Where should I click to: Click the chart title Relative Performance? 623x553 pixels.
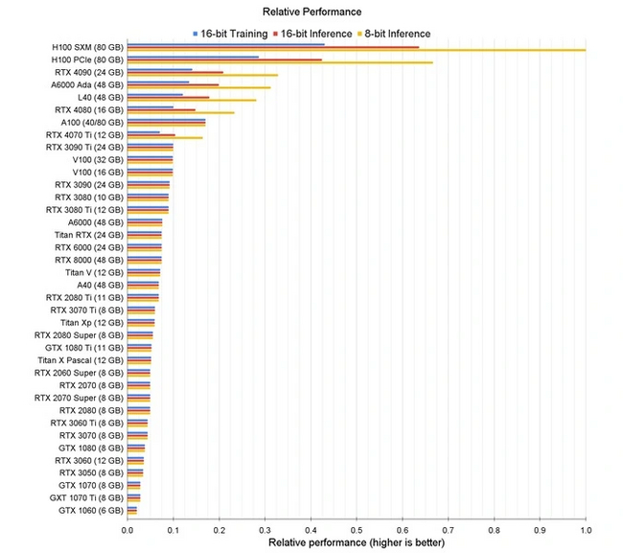click(x=311, y=12)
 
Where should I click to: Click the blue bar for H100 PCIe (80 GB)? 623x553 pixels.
click(x=193, y=57)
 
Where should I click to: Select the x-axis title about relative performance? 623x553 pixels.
click(x=357, y=542)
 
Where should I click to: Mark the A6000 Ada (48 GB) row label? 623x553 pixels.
click(x=88, y=84)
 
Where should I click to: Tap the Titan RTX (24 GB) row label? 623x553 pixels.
click(x=88, y=234)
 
